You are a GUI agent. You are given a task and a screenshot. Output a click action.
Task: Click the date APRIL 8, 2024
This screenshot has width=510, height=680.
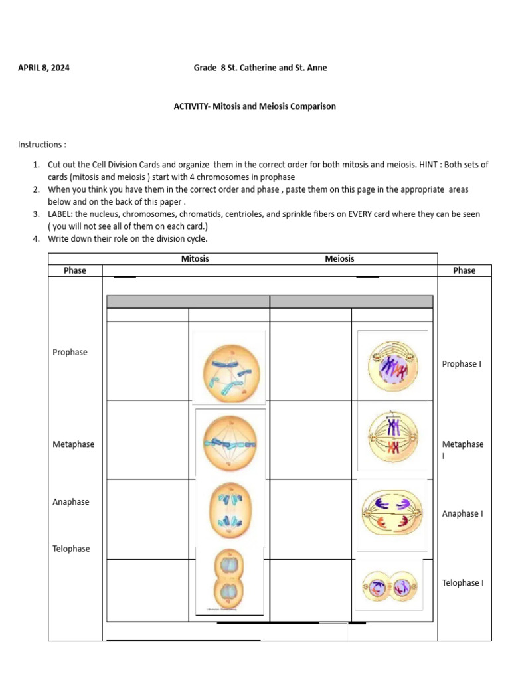44,68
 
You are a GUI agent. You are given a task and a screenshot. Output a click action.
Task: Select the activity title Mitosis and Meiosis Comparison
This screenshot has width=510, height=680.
254,106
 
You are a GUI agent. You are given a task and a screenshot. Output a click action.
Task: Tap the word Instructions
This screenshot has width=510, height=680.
42,145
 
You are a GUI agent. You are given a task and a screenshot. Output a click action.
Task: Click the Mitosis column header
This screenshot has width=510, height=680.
195,258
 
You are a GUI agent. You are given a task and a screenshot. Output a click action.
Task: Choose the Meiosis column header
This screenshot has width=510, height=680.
339,258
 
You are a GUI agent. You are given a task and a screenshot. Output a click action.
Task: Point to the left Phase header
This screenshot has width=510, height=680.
75,270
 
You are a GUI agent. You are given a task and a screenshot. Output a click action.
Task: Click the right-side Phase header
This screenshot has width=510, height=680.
464,270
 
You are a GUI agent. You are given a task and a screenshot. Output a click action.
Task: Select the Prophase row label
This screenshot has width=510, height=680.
70,352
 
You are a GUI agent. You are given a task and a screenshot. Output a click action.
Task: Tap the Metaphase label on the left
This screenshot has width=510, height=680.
73,444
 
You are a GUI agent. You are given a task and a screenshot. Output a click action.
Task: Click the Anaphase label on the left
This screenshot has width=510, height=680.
71,502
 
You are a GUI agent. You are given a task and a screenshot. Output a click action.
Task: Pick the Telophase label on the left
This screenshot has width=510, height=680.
71,549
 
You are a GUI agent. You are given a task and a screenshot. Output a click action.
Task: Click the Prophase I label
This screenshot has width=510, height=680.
462,364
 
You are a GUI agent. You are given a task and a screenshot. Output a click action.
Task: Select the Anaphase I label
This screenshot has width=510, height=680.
462,513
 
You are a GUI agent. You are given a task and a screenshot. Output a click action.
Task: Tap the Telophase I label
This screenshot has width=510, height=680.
463,583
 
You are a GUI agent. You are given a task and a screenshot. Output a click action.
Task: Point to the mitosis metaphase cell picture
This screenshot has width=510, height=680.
229,443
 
